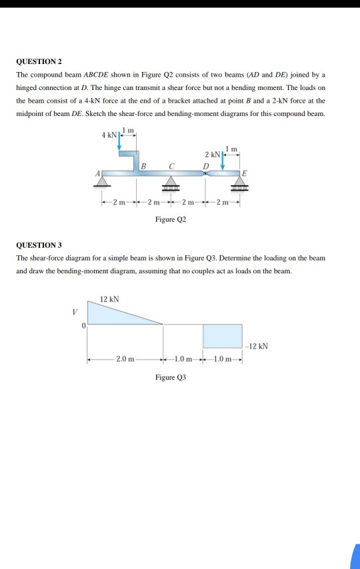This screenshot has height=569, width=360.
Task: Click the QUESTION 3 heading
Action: coord(39,245)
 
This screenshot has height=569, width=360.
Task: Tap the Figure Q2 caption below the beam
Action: coord(170,219)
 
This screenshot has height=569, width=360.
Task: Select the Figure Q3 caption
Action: coord(170,377)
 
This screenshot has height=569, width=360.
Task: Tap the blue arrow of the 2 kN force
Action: coord(223,162)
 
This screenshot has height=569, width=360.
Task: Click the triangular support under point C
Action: coord(171,182)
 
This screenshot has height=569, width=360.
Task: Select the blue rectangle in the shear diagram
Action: coord(222,336)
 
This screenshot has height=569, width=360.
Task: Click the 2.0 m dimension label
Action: coord(125,360)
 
